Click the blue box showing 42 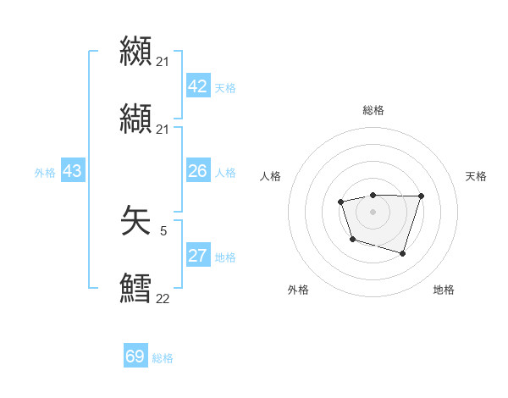tap(198, 86)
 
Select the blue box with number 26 tap(198, 171)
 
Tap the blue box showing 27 tap(198, 256)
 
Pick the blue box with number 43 tap(73, 171)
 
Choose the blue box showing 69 tap(135, 357)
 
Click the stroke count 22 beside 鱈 tap(163, 298)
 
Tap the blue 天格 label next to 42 tap(225, 88)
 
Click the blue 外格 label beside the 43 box tap(45, 173)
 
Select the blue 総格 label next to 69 tap(163, 358)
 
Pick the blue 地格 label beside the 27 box tap(225, 257)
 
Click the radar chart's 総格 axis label tap(373, 110)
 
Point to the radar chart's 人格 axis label tap(271, 176)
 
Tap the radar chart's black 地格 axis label tap(444, 290)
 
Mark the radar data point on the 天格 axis tap(422, 196)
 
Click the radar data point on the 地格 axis tap(403, 253)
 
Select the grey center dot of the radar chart tap(373, 211)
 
